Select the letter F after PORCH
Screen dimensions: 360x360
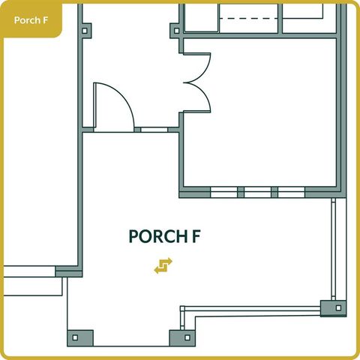[x=195, y=236]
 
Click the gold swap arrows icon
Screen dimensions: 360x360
[x=163, y=265]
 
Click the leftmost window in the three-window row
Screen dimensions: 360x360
[x=223, y=192]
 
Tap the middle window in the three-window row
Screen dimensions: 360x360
[x=257, y=192]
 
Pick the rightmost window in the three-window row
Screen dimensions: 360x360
[x=291, y=192]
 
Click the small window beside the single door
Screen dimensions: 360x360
[x=154, y=129]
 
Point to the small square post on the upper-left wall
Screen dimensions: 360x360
[x=85, y=31]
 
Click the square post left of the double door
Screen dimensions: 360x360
[x=175, y=31]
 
